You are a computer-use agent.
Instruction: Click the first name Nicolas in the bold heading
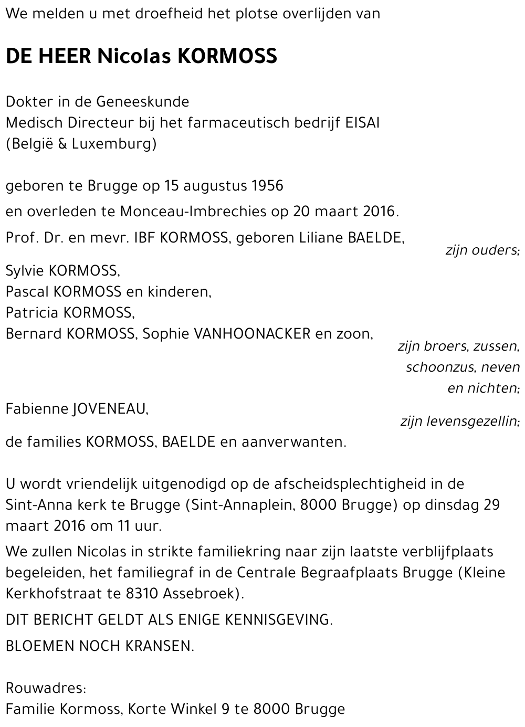pos(134,56)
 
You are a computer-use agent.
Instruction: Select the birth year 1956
pos(267,186)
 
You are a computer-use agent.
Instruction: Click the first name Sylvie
pos(25,271)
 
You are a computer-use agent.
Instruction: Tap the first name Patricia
pos(32,313)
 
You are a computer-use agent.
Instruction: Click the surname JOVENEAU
pos(110,409)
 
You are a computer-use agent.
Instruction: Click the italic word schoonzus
pos(440,367)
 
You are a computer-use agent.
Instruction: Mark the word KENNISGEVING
pos(278,620)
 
